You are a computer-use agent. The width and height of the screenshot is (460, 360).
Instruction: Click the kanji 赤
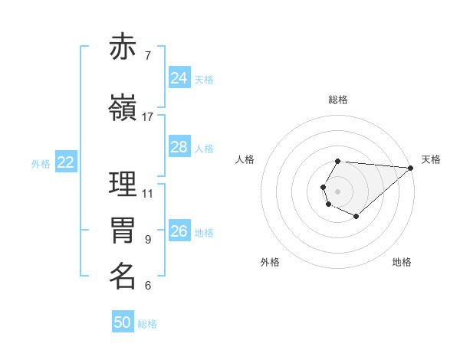click(x=123, y=47)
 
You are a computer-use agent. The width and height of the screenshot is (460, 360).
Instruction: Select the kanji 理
click(x=123, y=185)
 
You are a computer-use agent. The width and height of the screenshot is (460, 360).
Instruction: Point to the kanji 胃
click(x=123, y=231)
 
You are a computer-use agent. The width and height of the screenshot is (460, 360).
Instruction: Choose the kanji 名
click(x=123, y=277)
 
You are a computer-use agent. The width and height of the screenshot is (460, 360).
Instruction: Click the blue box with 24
click(x=179, y=78)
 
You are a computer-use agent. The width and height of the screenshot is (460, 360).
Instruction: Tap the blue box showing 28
click(x=179, y=147)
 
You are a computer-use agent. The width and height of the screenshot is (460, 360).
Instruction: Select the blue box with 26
click(x=179, y=231)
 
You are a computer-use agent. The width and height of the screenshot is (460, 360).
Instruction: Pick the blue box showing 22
click(x=65, y=162)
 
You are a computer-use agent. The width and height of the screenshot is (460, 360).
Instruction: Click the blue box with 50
click(x=123, y=322)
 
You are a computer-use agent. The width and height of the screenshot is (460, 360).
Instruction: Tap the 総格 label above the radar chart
click(x=338, y=100)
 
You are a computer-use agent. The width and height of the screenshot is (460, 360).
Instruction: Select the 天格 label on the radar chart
click(x=431, y=159)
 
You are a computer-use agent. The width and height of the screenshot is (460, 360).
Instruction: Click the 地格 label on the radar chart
click(x=402, y=262)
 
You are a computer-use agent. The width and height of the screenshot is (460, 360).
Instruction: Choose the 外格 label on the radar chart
click(x=270, y=262)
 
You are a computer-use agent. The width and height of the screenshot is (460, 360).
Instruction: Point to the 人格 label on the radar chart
click(x=245, y=159)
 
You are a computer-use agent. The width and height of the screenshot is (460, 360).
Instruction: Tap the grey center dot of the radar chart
click(x=337, y=190)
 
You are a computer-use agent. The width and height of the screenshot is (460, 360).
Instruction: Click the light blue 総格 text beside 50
click(x=147, y=324)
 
